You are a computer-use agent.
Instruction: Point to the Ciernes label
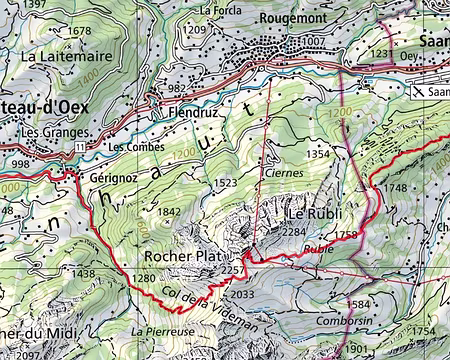(x=285, y=172)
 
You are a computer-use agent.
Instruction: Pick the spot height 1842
(x=170, y=212)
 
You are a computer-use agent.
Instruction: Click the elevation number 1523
(x=226, y=183)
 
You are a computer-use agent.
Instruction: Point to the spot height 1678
(x=78, y=32)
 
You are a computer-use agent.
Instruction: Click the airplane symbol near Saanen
(x=418, y=90)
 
